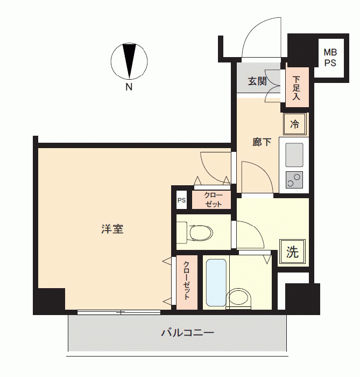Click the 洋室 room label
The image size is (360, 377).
tap(112, 229)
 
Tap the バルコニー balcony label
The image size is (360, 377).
tap(188, 333)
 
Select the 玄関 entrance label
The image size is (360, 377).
tap(257, 81)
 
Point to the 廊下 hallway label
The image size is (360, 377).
tap(262, 142)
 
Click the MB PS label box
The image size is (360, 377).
tap(330, 58)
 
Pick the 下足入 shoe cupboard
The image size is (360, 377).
tap(297, 87)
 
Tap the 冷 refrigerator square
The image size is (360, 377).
tap(295, 124)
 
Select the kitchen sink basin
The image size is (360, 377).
tap(294, 155)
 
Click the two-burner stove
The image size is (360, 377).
tap(294, 180)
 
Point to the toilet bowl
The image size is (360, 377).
tap(201, 233)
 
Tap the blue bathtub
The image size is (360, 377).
tap(216, 283)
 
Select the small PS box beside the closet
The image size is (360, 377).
tap(181, 200)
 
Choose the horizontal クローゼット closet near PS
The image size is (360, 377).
tap(211, 200)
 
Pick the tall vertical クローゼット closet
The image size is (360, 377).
tap(187, 282)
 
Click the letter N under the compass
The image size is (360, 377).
tap(129, 87)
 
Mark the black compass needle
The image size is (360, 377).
tap(129, 61)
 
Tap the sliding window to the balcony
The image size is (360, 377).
tap(119, 312)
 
